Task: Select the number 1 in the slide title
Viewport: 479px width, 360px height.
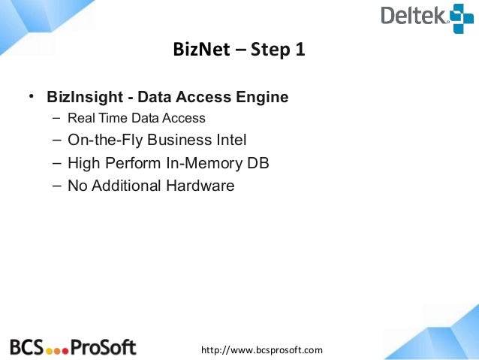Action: [x=300, y=52]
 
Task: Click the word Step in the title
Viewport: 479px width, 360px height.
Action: [x=268, y=52]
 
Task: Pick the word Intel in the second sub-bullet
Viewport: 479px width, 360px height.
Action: [x=230, y=140]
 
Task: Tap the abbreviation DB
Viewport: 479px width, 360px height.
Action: [x=258, y=162]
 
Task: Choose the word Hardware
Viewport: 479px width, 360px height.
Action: [x=198, y=185]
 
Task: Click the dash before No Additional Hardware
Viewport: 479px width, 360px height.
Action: [x=57, y=185]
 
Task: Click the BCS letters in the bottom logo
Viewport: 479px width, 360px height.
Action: [x=26, y=347]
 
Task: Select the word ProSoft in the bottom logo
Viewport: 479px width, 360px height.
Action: [x=103, y=347]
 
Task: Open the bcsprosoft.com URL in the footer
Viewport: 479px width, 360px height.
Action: [x=261, y=349]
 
